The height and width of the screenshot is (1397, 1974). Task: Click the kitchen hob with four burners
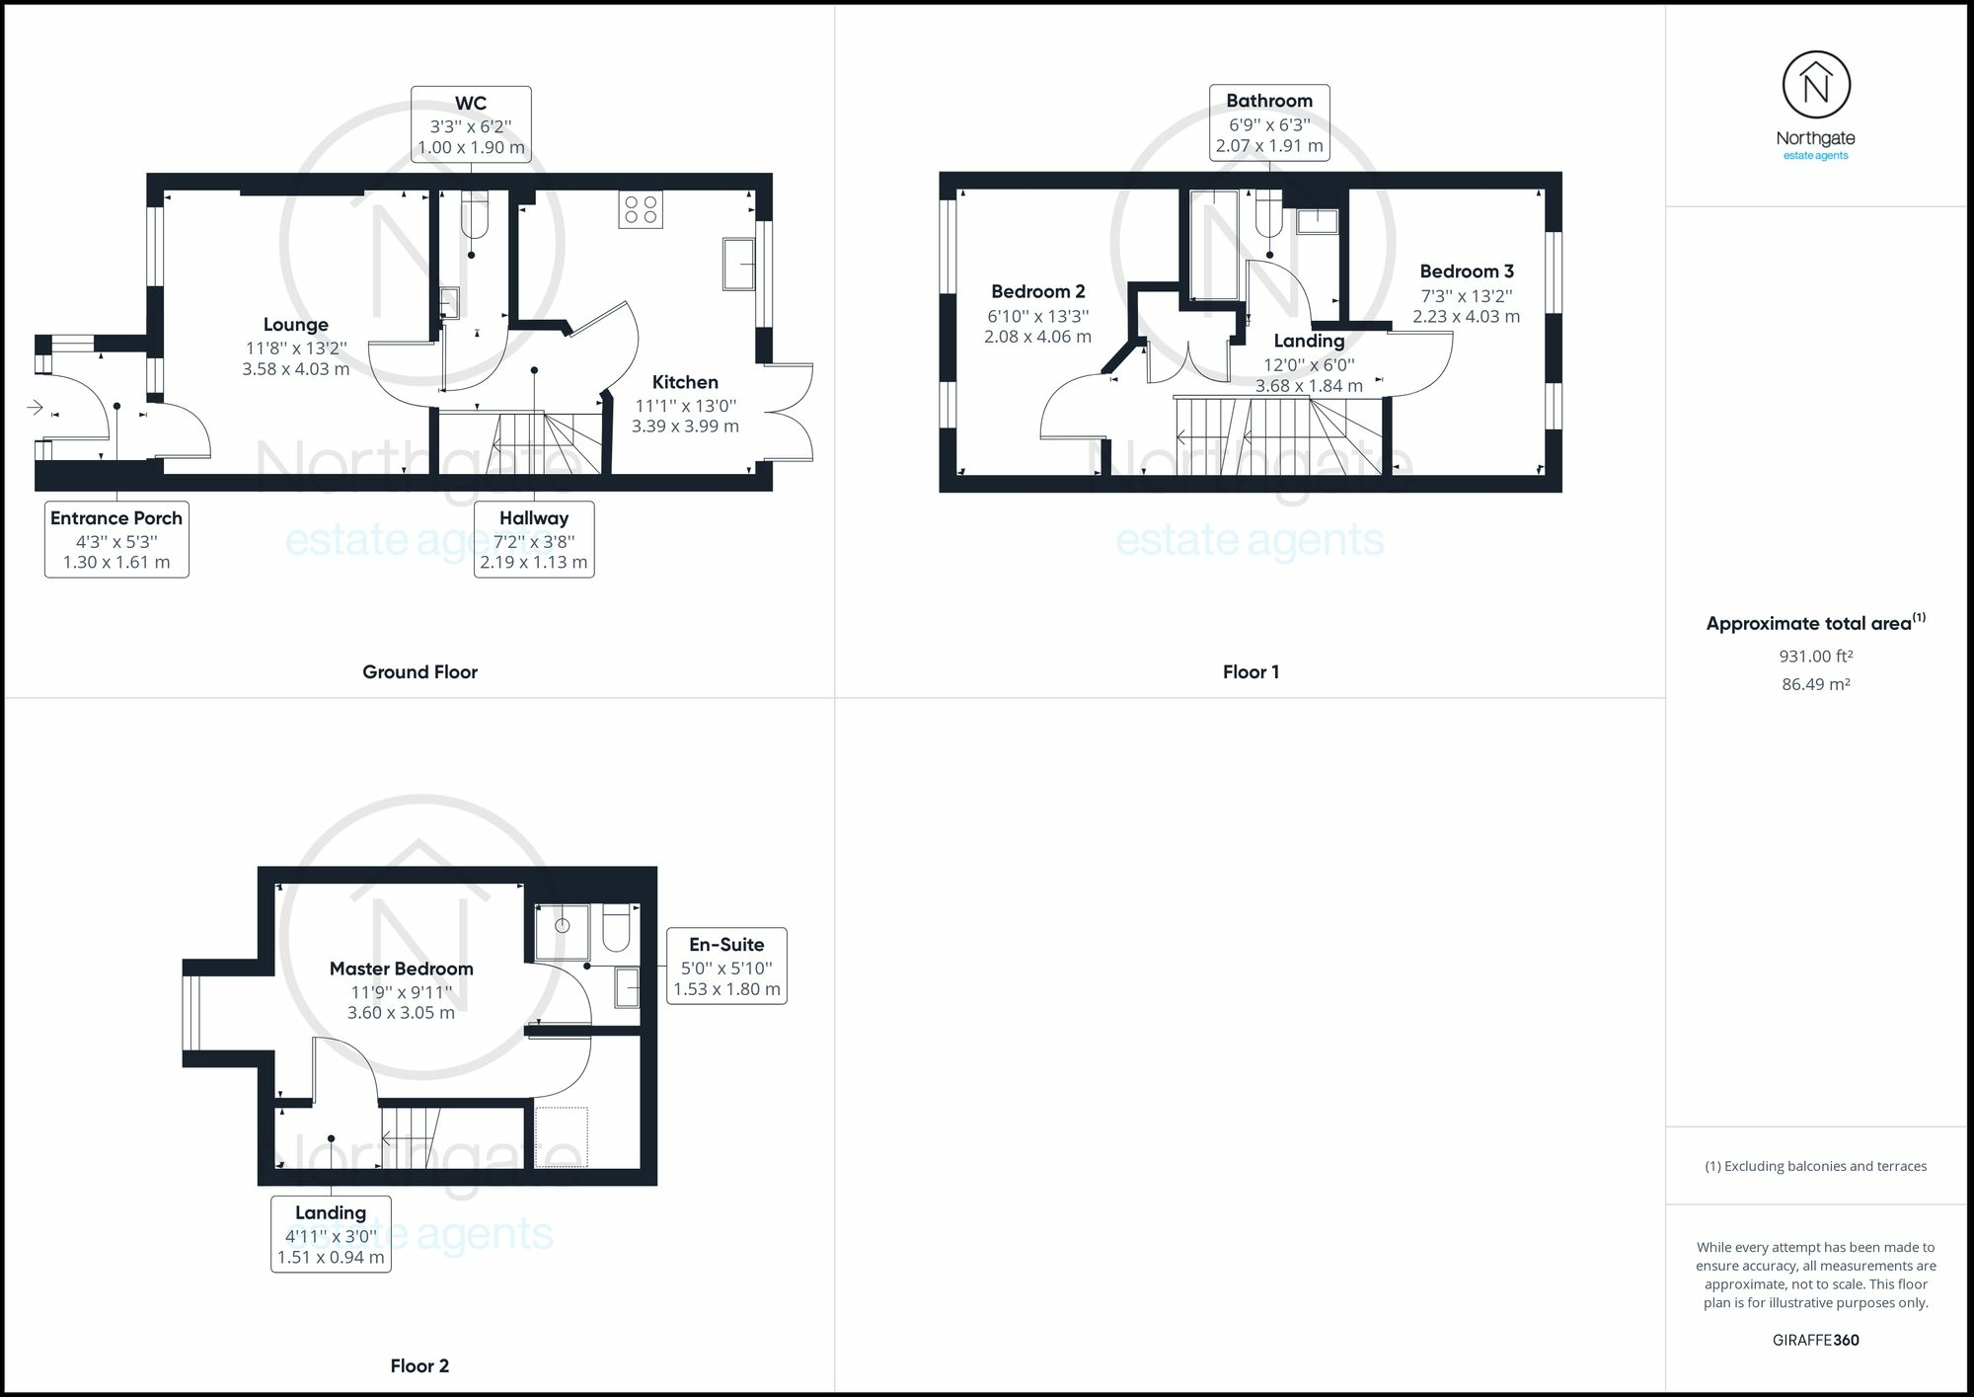(x=641, y=210)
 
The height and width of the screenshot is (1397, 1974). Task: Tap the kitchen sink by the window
(x=738, y=264)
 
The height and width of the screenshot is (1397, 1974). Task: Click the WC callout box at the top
(x=471, y=124)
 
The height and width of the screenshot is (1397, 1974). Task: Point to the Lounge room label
(x=296, y=325)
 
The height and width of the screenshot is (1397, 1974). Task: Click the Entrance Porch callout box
(x=116, y=540)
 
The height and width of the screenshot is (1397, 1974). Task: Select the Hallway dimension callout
(x=534, y=540)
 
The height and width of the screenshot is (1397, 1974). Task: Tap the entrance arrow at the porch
(x=36, y=407)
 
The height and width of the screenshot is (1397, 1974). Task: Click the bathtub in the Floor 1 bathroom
(x=1213, y=245)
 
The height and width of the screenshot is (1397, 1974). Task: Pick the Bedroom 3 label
(x=1467, y=272)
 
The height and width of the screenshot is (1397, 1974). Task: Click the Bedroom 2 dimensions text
(x=1037, y=327)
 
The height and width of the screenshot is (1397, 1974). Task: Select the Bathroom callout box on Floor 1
(x=1269, y=122)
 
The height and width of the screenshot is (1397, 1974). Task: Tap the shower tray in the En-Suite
(x=563, y=932)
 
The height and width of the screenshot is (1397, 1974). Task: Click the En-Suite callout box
(x=726, y=966)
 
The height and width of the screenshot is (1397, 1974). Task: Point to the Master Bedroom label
(x=401, y=969)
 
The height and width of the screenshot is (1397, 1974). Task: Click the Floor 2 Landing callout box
(x=331, y=1234)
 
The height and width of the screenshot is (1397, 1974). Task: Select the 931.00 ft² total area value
(x=1815, y=656)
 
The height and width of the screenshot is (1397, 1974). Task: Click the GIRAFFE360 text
(x=1815, y=1340)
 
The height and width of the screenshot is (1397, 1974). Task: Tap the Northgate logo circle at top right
(x=1816, y=86)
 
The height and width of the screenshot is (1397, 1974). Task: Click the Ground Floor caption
(x=419, y=671)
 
